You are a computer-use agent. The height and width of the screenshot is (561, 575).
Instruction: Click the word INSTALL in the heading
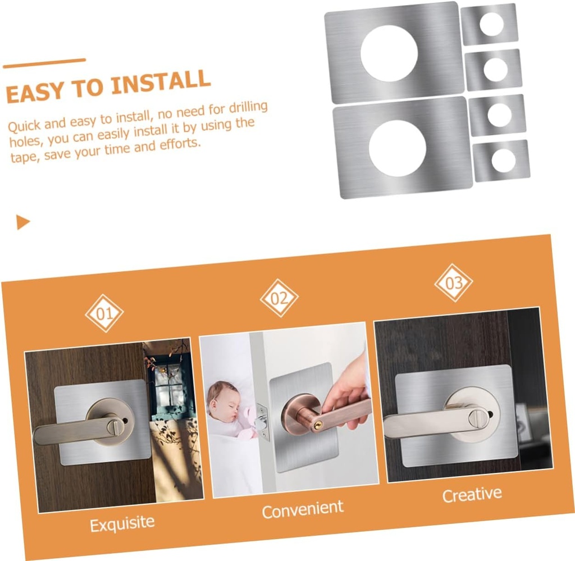click(x=161, y=83)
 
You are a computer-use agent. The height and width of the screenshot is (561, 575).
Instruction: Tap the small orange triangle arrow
click(x=22, y=222)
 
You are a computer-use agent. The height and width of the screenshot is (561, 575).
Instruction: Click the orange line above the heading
click(x=44, y=63)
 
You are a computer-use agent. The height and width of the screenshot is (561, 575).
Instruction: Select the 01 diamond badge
click(x=104, y=313)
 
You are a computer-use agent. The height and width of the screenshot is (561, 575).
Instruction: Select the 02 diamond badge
click(x=279, y=298)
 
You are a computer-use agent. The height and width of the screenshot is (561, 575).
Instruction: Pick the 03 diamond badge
click(x=454, y=282)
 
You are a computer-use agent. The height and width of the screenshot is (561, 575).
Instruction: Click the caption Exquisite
click(x=122, y=524)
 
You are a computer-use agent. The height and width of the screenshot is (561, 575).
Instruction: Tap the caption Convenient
click(x=303, y=509)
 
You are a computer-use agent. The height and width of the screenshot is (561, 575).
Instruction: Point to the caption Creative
click(x=472, y=495)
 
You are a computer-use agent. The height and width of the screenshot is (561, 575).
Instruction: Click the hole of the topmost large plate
click(x=389, y=53)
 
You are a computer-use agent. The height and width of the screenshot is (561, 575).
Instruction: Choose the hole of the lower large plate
click(x=398, y=148)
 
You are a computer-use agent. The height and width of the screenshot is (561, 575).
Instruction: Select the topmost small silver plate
click(x=489, y=24)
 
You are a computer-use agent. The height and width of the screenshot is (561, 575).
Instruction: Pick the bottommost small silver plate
click(x=501, y=161)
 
